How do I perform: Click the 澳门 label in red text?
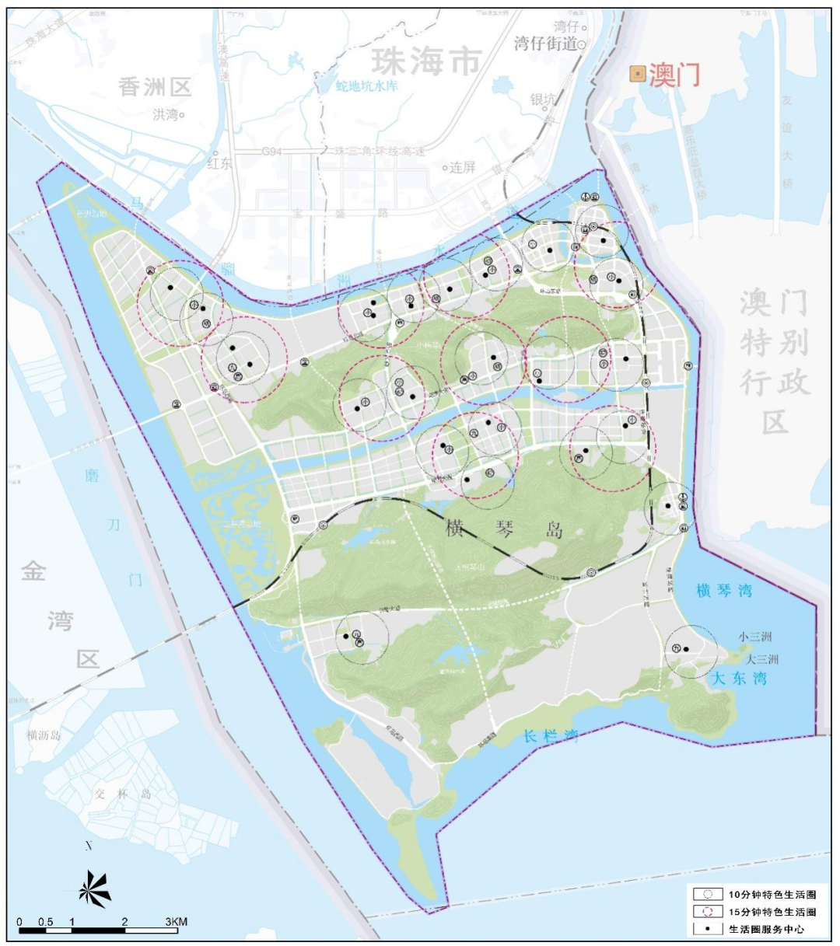click(x=674, y=75)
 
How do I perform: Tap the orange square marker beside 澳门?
click(x=637, y=75)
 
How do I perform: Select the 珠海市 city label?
click(x=425, y=61)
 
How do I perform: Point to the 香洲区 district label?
click(x=155, y=86)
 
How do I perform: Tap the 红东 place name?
click(x=219, y=163)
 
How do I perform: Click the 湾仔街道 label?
click(x=545, y=44)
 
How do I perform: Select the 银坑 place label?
click(x=542, y=99)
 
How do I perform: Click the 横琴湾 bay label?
click(x=724, y=591)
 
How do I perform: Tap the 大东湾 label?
click(x=739, y=678)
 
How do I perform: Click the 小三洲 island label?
click(x=754, y=637)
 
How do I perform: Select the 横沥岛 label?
click(x=44, y=735)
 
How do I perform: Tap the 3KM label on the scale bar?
click(x=176, y=922)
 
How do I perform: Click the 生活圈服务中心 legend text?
click(x=766, y=929)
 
